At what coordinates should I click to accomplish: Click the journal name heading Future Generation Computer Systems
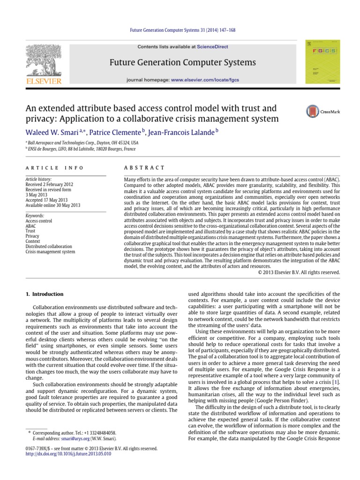pos(182,62)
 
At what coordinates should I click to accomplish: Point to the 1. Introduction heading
pos(44,294)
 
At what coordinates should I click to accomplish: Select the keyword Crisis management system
pos(50,252)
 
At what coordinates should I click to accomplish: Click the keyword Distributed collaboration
pos(49,246)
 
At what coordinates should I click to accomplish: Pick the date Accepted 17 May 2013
pos(46,200)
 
